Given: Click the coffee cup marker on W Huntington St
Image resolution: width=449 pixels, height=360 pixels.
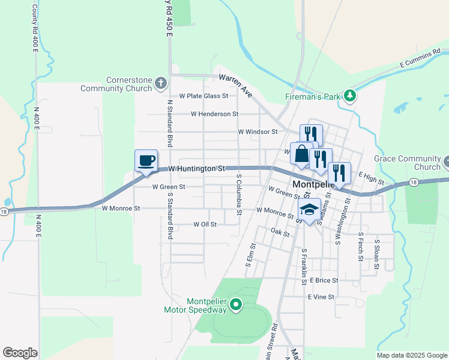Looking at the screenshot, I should point(146,161).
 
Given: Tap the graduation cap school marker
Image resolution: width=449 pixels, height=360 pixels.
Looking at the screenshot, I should point(309,209).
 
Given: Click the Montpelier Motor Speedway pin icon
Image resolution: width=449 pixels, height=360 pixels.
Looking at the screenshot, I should point(236,305).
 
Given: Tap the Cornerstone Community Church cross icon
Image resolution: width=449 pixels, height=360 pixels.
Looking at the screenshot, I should point(160,82).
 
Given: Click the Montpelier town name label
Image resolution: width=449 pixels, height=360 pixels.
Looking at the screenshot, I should point(316,184).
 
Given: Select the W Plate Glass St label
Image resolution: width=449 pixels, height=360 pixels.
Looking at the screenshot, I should point(203,95).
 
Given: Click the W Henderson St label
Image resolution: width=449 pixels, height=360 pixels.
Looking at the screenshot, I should point(214,113).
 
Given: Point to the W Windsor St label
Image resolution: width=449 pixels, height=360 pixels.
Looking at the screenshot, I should point(258,131).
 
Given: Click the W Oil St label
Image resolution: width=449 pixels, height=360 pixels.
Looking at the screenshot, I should point(204,224).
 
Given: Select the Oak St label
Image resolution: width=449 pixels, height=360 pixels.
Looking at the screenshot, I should point(280,231).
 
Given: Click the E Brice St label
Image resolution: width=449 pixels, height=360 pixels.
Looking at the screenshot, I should point(324,280).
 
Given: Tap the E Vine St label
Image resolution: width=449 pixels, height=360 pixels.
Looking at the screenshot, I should point(321,297).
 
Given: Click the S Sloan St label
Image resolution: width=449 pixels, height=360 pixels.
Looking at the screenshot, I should point(377,250).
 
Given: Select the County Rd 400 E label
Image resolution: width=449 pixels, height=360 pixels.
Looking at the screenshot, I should point(34,28).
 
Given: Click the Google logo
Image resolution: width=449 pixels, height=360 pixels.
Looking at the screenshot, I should point(20,353).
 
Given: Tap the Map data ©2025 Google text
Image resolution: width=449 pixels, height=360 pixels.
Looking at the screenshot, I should point(411,355).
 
